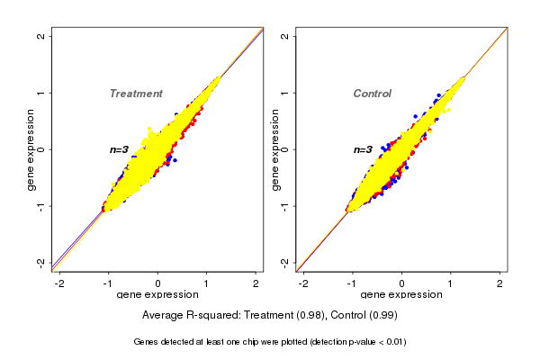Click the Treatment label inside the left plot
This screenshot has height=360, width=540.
coord(136,94)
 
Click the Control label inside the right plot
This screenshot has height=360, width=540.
coord(372,94)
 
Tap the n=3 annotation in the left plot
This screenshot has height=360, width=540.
coord(120,149)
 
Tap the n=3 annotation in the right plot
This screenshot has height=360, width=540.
coord(363,149)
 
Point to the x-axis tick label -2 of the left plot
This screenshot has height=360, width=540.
coord(59,284)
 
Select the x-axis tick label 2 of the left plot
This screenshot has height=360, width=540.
coord(256,284)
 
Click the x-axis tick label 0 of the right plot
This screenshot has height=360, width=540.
coord(402,284)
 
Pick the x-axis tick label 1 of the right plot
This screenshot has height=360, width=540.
coord(451,284)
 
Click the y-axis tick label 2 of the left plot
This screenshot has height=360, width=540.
coord(41,36)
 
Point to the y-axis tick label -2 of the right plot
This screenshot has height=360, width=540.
coord(285,262)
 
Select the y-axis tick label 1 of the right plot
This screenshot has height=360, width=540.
coord(285,93)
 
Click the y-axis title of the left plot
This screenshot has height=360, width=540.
coord(31,149)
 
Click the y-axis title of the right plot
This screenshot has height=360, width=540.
coord(274,149)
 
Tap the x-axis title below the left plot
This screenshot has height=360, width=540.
coord(157,296)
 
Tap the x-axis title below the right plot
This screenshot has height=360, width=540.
coord(401,296)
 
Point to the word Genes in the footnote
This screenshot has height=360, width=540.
coord(147,342)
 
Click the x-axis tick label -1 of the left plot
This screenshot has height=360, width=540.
coord(108,284)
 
